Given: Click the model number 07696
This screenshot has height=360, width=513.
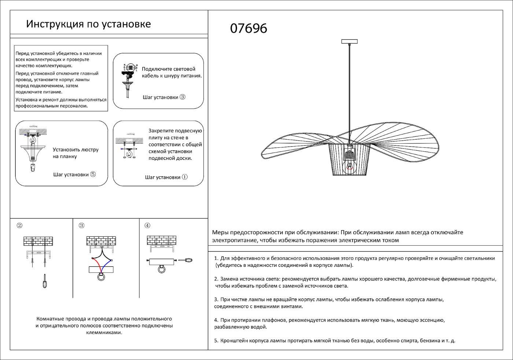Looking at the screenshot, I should (x=248, y=29).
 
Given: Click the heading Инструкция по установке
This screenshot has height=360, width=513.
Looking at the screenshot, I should (x=88, y=24).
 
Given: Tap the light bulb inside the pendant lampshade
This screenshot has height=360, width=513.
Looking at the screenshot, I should (x=350, y=165).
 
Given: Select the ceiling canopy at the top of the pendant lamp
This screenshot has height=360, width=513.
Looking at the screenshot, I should (x=349, y=41).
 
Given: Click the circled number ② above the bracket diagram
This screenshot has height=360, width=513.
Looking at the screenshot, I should (x=19, y=225).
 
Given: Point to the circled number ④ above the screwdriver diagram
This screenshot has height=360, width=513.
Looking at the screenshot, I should (x=147, y=225).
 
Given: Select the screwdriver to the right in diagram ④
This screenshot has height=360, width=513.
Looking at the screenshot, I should (x=185, y=260).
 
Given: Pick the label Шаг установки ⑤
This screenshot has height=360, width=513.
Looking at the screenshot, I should (x=74, y=175).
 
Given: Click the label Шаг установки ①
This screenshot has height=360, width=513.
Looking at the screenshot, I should (x=166, y=177).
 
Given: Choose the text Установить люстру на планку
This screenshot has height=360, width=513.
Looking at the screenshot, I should (x=75, y=153).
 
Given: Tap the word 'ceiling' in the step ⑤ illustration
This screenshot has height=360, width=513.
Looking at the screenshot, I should (x=33, y=126).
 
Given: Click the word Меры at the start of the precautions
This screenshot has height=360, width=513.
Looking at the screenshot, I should (x=220, y=232).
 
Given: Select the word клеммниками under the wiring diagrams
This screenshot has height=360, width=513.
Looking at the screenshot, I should (x=104, y=333).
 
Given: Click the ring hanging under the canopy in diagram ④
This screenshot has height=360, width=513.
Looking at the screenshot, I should (x=161, y=270).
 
